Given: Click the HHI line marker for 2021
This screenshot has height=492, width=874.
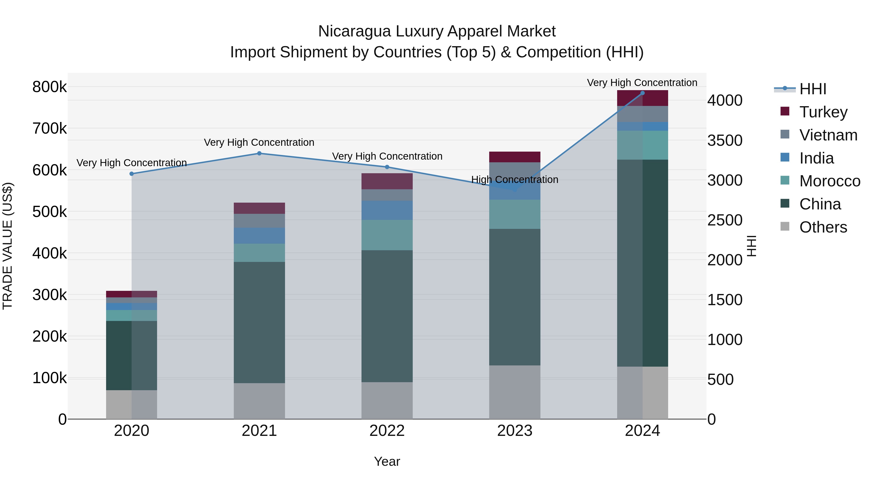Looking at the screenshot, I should tap(259, 153).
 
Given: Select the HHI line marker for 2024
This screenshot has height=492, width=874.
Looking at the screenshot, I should tap(642, 93).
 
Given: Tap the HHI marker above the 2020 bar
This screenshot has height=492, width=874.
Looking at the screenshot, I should tap(132, 174).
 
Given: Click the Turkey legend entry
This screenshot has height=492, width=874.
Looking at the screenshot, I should tap(823, 112).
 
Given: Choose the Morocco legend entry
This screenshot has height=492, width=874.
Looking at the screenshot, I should tap(829, 181).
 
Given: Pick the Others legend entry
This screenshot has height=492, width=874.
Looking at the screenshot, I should tap(823, 227).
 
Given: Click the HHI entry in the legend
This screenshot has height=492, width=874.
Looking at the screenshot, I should tap(812, 89).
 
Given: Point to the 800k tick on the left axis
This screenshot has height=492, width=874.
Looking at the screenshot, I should tap(50, 87).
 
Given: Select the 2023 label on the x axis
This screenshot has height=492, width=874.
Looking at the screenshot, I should tap(514, 431).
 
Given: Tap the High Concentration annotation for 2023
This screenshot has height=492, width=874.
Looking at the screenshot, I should tap(514, 179).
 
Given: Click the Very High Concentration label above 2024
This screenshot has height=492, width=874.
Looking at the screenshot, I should tap(642, 83).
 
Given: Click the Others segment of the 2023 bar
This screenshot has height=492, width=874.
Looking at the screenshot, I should tap(514, 392).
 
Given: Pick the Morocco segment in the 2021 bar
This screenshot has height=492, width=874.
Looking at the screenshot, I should tap(259, 253).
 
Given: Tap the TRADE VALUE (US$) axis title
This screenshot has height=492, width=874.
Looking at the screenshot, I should tap(8, 246).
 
